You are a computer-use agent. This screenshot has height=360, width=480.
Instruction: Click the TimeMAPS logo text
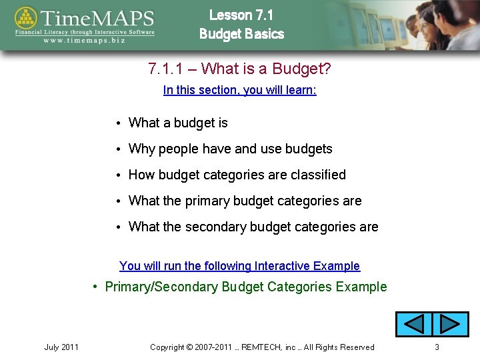pos(99,17)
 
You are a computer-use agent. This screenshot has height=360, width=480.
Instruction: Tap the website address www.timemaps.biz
pos(84,40)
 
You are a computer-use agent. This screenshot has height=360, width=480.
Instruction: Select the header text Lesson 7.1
pos(241,15)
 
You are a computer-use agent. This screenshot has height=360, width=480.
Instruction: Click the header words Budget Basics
pos(241,34)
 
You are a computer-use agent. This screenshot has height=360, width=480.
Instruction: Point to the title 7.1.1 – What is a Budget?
pos(239,69)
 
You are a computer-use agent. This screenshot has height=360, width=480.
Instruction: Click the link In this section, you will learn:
pos(239,90)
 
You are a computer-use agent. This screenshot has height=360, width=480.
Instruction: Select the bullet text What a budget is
pos(178,123)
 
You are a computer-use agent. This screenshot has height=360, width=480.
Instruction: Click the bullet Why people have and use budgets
pos(230,149)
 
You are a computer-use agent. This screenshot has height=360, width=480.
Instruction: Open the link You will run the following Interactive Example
pos(239,266)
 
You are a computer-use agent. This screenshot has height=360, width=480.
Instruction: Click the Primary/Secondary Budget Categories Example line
pos(245,287)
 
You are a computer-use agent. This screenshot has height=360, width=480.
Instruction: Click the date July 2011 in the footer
pos(61,347)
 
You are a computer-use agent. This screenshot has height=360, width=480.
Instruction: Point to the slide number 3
pos(437,347)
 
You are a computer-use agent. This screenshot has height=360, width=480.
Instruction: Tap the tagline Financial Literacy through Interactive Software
pos(85,31)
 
